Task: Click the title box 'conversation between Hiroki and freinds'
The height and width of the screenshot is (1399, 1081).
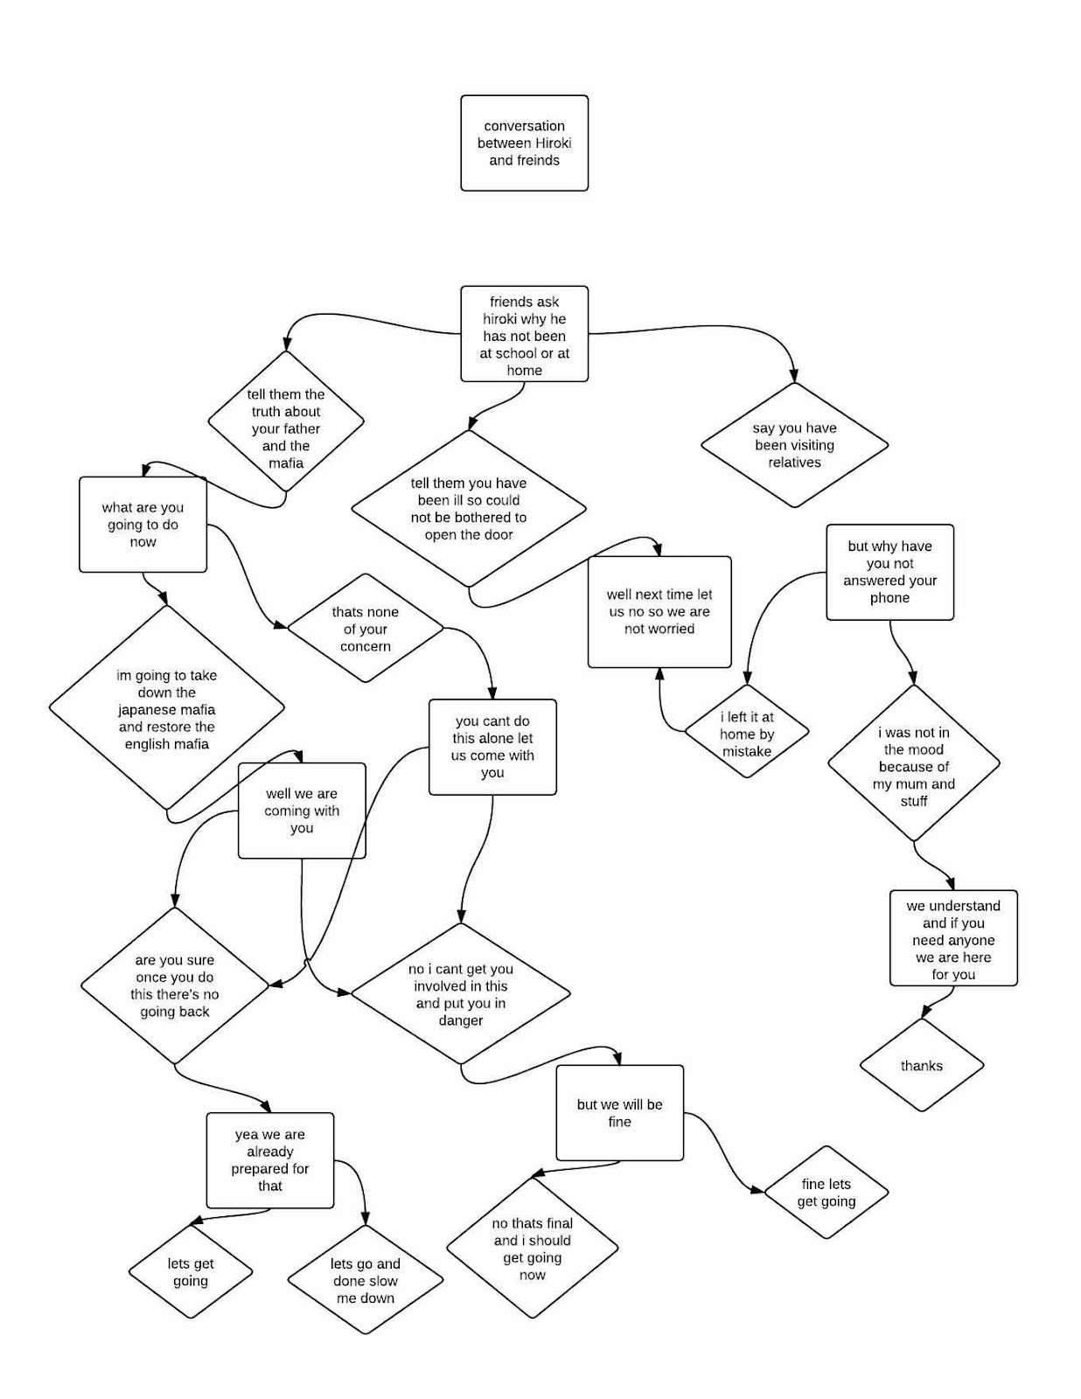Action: [524, 143]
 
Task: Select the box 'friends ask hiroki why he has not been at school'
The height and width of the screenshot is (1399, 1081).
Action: [524, 334]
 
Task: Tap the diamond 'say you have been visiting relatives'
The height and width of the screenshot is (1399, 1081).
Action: [794, 445]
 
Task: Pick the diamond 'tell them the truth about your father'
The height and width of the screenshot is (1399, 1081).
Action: [286, 428]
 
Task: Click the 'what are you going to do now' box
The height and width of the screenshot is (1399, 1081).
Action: [143, 525]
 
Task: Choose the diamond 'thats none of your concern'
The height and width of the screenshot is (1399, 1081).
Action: [365, 629]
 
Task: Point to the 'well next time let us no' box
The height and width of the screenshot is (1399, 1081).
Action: [659, 611]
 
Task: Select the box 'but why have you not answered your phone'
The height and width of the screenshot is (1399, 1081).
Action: [889, 572]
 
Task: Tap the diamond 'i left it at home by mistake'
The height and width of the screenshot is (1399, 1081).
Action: [747, 733]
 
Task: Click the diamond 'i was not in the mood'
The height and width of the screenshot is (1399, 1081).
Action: [914, 766]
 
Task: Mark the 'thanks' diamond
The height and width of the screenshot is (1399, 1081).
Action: [922, 1065]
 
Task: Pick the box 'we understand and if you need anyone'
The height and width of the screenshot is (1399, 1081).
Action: [953, 939]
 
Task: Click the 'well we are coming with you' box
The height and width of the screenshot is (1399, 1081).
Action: [302, 811]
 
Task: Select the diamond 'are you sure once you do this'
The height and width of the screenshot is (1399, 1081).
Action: [175, 985]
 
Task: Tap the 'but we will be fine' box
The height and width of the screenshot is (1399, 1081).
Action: [619, 1112]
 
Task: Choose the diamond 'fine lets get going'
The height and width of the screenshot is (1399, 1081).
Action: [826, 1192]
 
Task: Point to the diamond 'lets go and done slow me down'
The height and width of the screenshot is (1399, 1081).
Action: [365, 1280]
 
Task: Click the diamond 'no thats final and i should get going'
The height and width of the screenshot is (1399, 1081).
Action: [532, 1249]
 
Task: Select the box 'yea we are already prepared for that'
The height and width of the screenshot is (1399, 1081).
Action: [270, 1160]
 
